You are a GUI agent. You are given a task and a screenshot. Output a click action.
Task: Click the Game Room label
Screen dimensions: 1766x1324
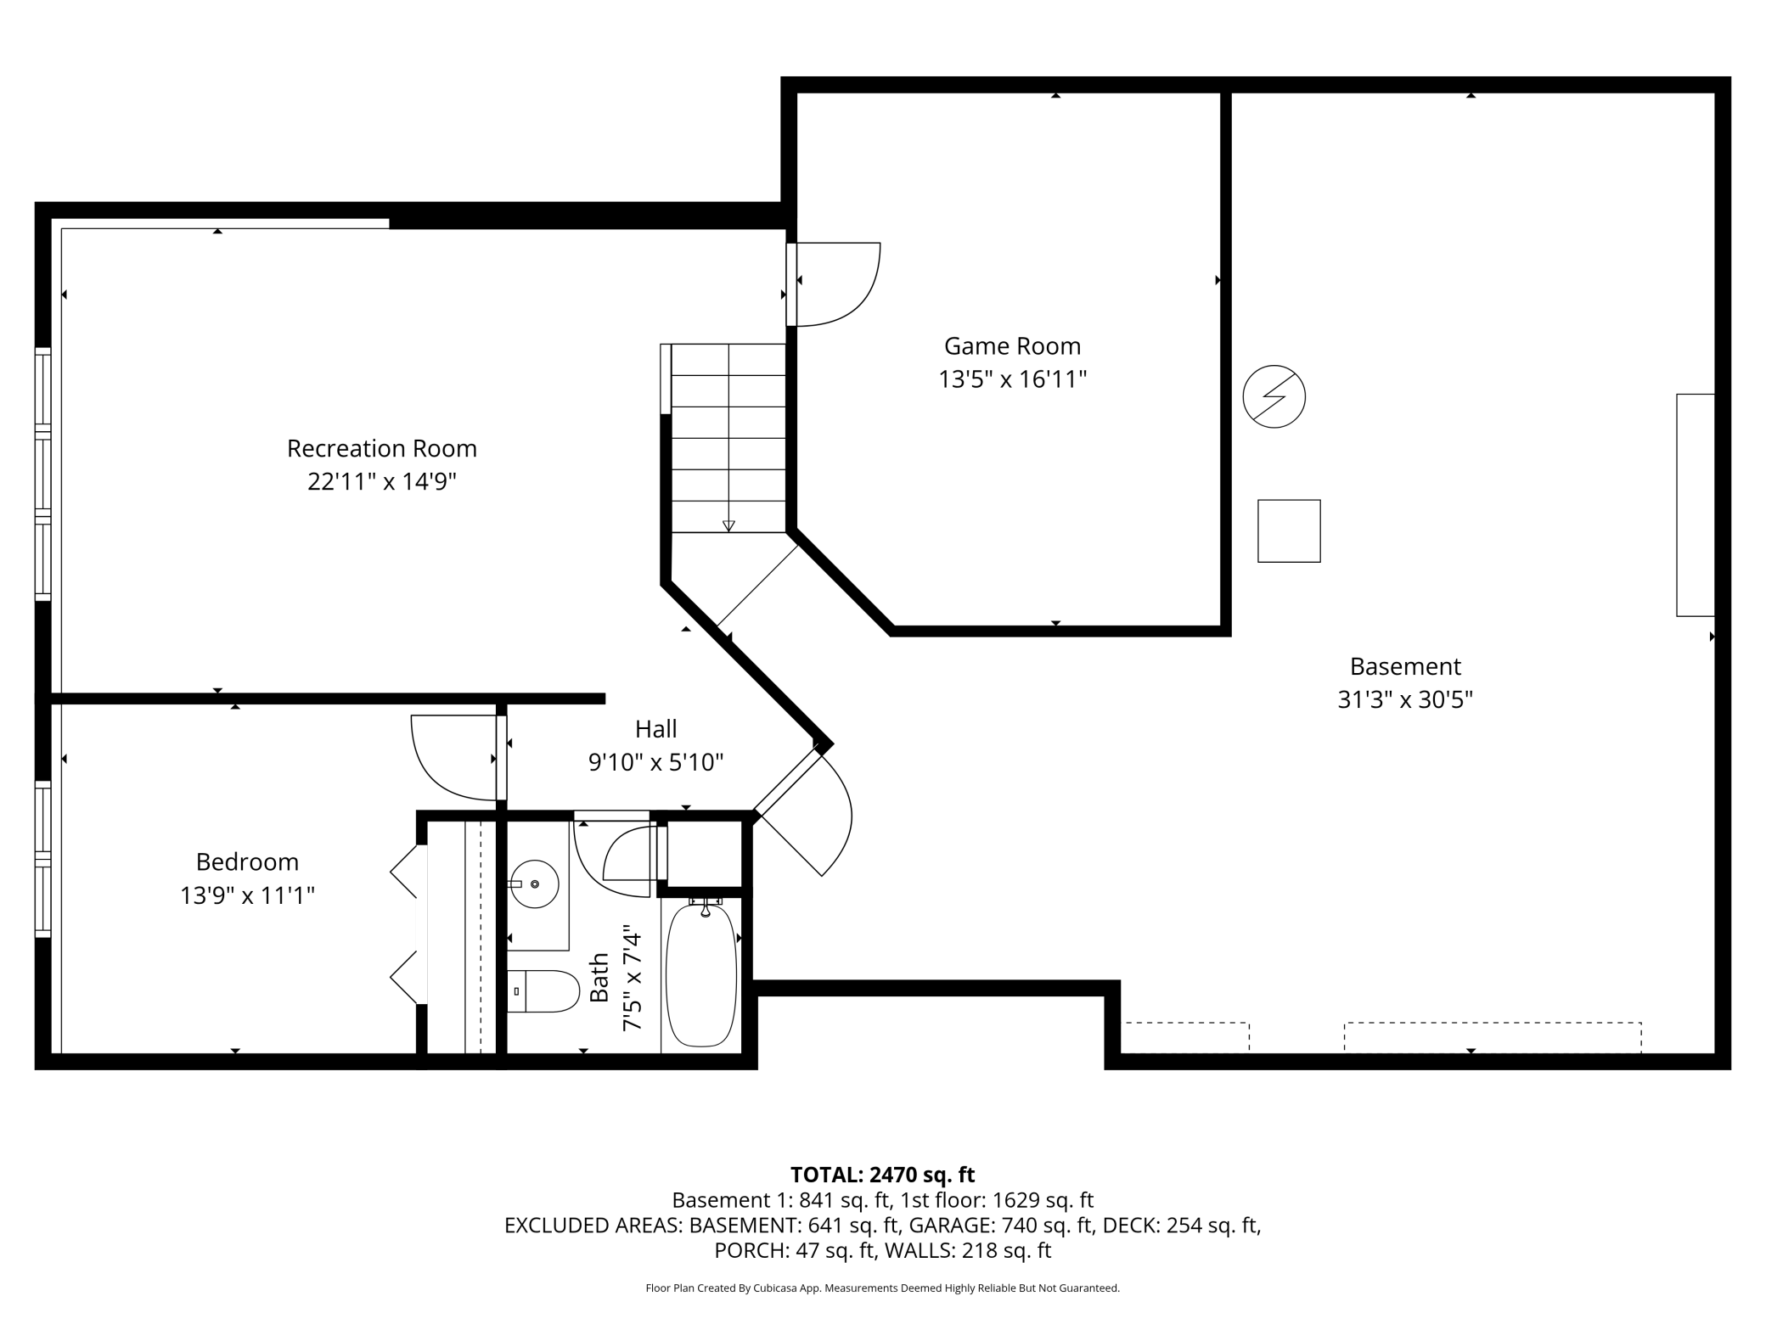[x=1012, y=346]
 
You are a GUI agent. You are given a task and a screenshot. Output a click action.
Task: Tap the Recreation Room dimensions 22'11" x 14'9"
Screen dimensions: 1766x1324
[x=382, y=482]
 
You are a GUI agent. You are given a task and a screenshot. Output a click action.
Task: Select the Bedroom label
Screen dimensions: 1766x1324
[x=247, y=862]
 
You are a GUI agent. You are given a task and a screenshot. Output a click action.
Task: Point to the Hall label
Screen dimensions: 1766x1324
[x=656, y=729]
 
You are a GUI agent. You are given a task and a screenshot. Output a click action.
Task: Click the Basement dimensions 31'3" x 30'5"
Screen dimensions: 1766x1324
[x=1405, y=700]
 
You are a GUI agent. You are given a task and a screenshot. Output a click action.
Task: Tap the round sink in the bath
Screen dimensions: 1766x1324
[x=534, y=884]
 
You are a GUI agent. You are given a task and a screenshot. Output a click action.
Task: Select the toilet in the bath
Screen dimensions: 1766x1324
[x=543, y=991]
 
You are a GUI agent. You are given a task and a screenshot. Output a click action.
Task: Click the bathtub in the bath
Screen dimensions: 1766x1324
[x=701, y=976]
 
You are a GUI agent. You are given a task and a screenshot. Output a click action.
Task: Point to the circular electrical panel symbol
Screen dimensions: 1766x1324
[x=1274, y=396]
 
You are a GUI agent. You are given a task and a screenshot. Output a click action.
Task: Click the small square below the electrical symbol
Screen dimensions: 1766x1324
[x=1289, y=531]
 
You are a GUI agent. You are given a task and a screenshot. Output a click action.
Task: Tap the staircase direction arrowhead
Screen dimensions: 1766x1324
[x=728, y=526]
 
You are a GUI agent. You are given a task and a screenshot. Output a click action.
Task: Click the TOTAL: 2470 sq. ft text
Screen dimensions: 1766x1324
[x=882, y=1175]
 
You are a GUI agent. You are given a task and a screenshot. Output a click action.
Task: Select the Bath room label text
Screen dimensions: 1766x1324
[x=599, y=978]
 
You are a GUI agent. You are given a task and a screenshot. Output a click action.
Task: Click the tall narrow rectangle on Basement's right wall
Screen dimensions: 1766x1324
[x=1696, y=505]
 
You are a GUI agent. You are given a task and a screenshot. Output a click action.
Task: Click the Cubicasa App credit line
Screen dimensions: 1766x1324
[x=882, y=1288]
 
